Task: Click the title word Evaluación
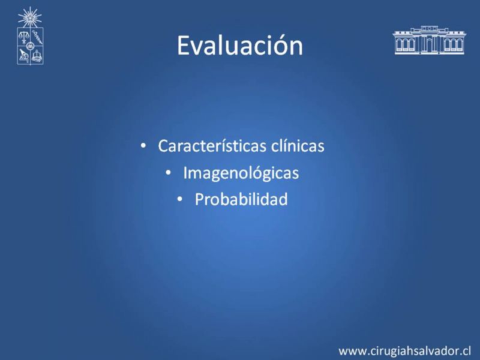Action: click(x=240, y=46)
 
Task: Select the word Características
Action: click(x=212, y=145)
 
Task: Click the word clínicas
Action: click(x=298, y=145)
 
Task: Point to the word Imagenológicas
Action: click(x=241, y=173)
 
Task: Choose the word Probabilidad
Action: click(x=241, y=199)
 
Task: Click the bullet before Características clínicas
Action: click(x=143, y=146)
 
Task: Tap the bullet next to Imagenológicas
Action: click(x=168, y=173)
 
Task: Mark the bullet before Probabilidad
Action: click(x=179, y=200)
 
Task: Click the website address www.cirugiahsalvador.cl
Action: click(x=404, y=351)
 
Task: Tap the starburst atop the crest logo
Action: click(x=29, y=17)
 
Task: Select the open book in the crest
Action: click(x=37, y=56)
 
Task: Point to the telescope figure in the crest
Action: click(x=23, y=56)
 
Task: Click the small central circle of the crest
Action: click(x=30, y=47)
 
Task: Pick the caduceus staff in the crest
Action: click(x=37, y=37)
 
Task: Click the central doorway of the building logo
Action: click(x=430, y=46)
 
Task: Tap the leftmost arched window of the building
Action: click(x=400, y=45)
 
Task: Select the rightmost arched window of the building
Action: click(x=460, y=45)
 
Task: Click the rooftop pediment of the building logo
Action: click(x=430, y=28)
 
